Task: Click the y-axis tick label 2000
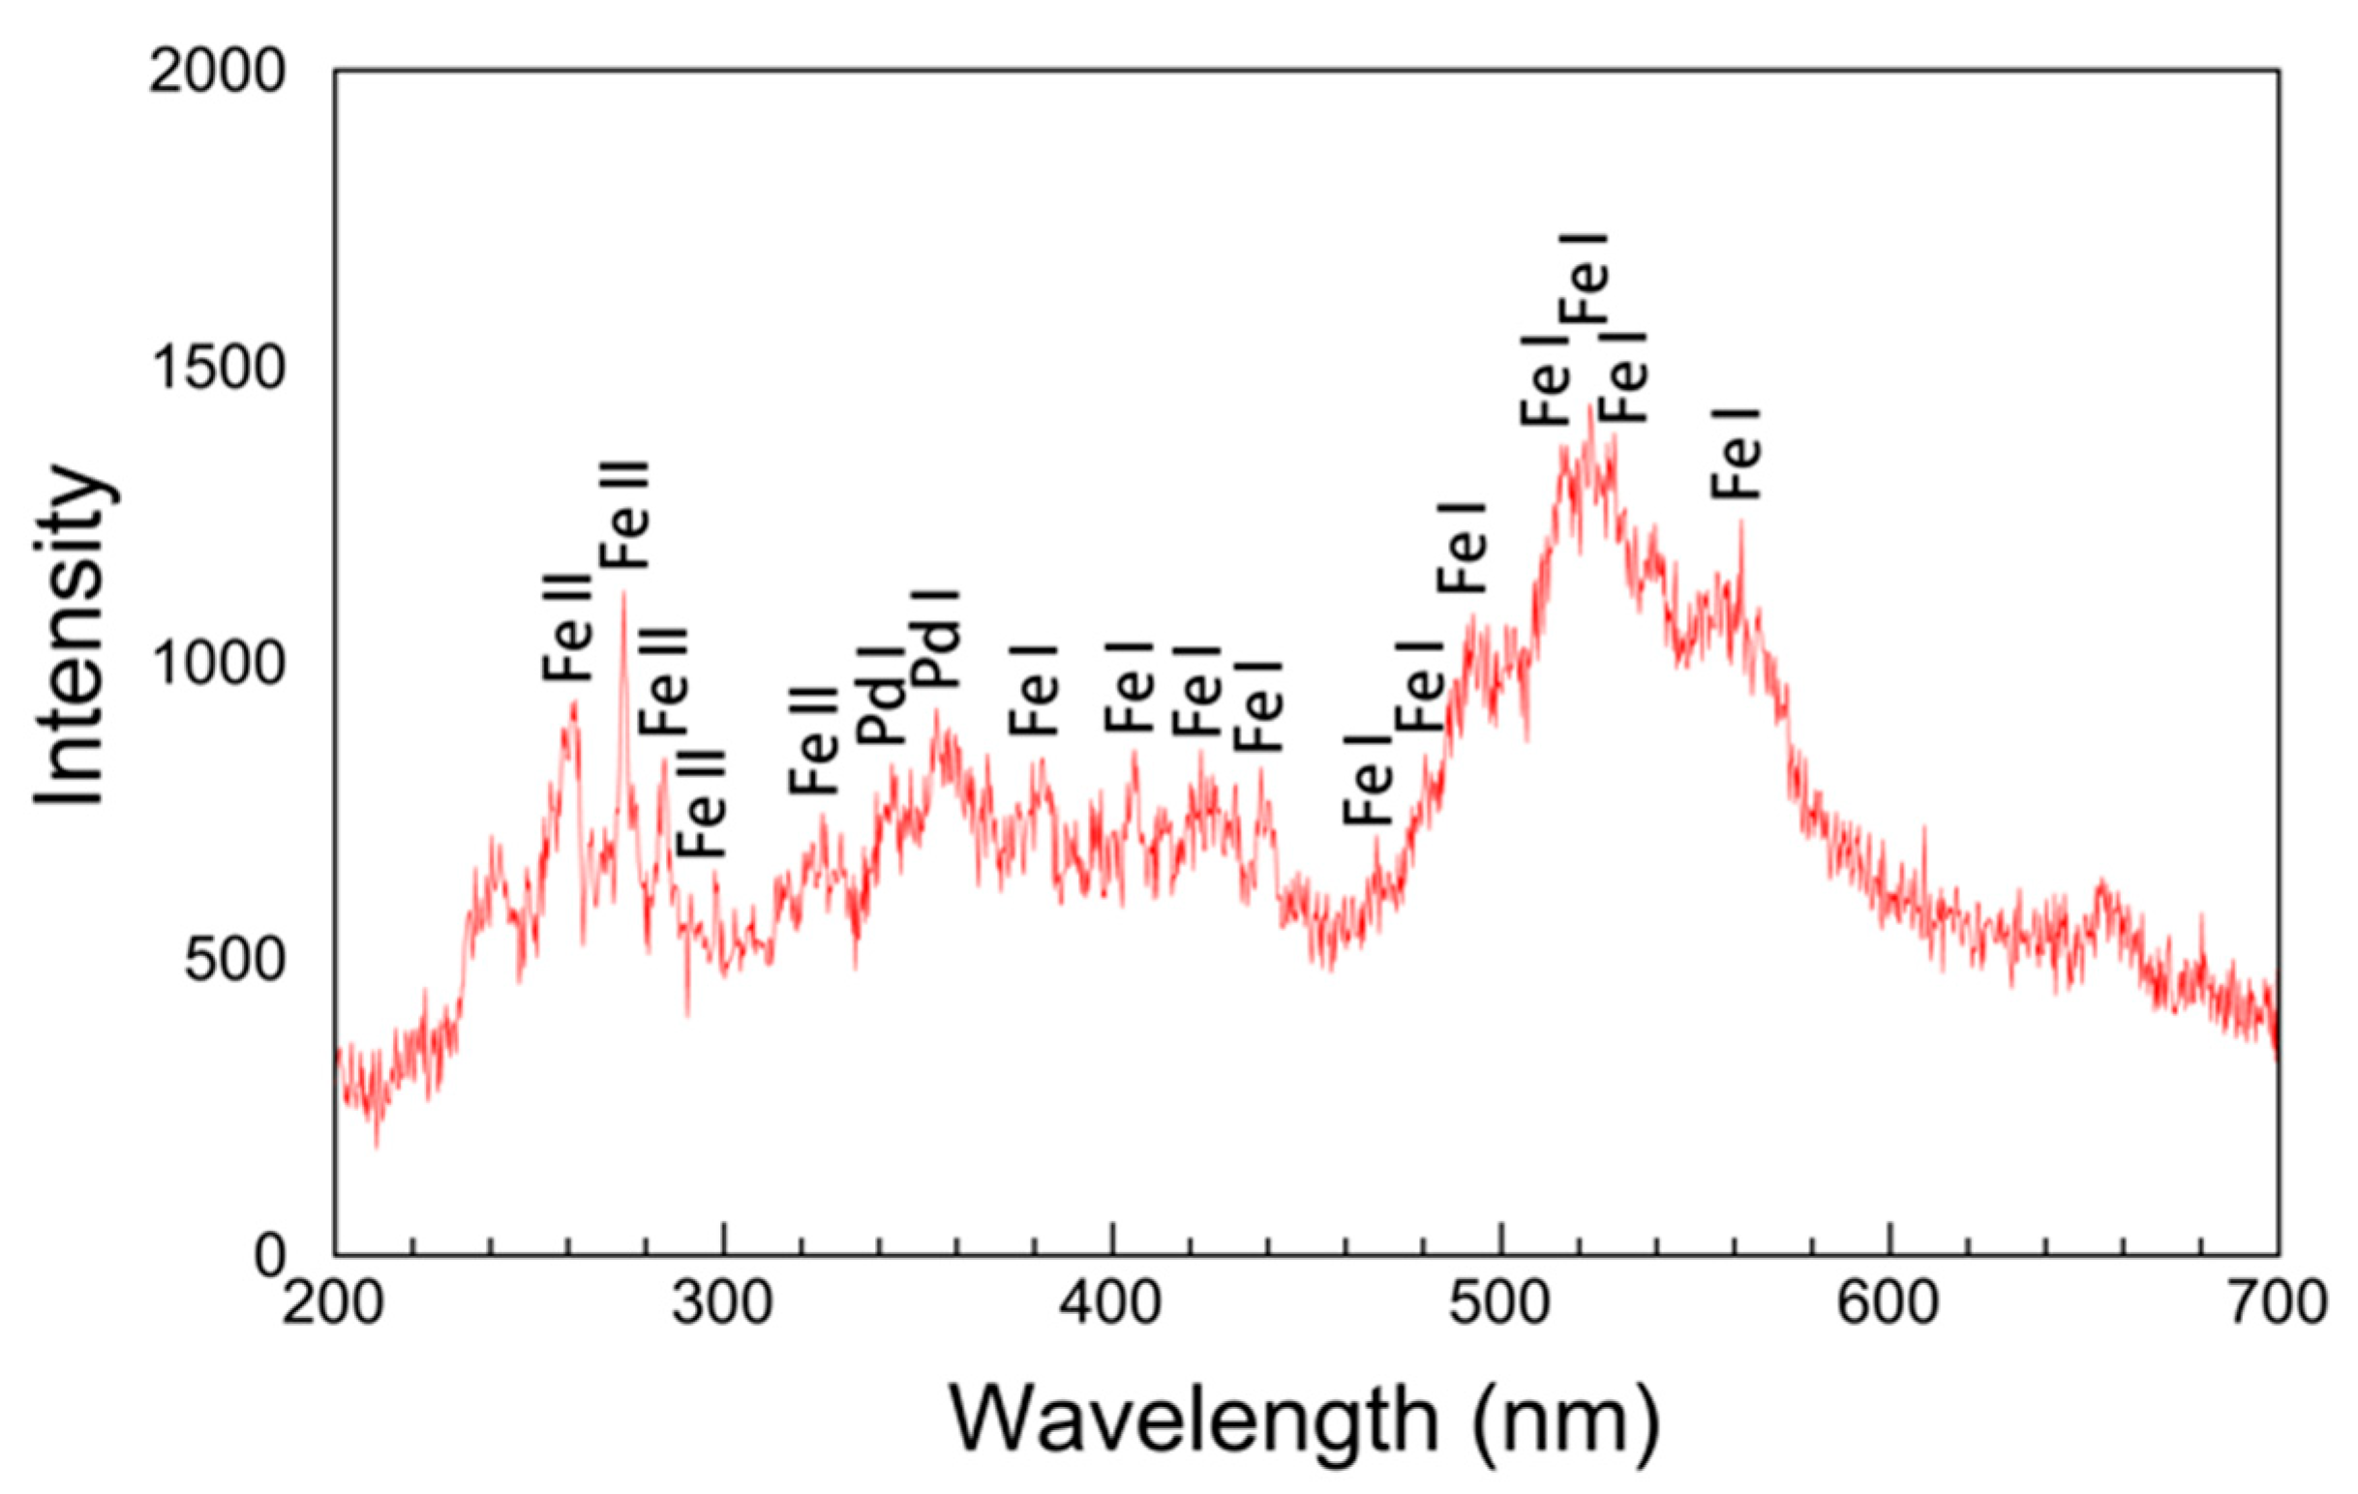(217, 73)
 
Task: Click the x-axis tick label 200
(333, 1306)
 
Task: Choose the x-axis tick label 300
(723, 1306)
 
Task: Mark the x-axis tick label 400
(1111, 1306)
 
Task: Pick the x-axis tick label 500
(1500, 1306)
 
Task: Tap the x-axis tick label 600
(1888, 1306)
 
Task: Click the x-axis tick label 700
(2276, 1306)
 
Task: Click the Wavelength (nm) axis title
(1304, 1420)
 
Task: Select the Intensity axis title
(71, 637)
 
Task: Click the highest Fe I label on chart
(1585, 279)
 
